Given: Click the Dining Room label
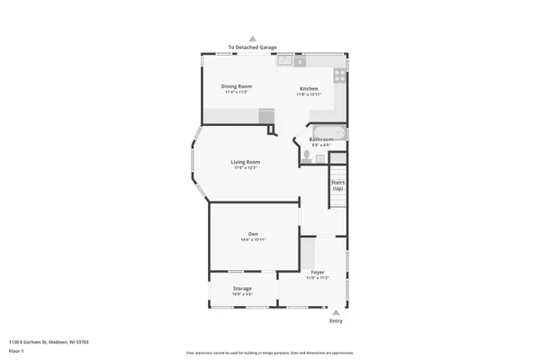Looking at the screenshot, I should point(237,86).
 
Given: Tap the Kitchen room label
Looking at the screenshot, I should point(309,88).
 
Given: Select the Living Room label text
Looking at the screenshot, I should point(245,162).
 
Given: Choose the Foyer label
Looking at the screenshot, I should point(318,271).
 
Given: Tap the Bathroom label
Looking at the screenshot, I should point(321,139).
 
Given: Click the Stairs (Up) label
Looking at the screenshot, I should point(338,184).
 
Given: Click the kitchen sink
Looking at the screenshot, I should point(286,61).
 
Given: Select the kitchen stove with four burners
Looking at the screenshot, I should point(339,76).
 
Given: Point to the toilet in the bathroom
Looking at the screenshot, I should point(309,155).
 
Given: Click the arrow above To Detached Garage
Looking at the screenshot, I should point(252,40).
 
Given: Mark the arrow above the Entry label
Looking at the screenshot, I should point(336,312).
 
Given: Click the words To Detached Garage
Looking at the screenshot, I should point(252,47).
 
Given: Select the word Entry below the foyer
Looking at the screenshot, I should point(336,320).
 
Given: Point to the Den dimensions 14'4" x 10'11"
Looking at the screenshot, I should point(253,239).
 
